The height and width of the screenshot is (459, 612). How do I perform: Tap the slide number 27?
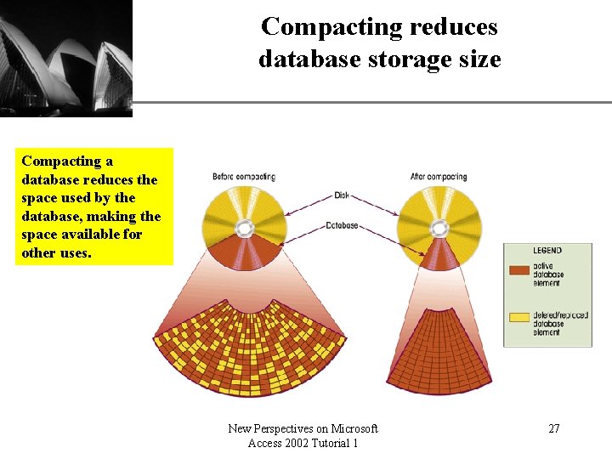tap(553, 428)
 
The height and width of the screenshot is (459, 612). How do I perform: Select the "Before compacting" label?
tap(243, 177)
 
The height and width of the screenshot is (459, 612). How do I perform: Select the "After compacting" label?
tap(439, 177)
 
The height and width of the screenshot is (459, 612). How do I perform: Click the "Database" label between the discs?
tap(341, 226)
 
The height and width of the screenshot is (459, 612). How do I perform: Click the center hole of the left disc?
tap(244, 228)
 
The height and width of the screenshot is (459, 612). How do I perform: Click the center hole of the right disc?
tap(439, 228)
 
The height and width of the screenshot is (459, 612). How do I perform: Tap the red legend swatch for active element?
tap(518, 270)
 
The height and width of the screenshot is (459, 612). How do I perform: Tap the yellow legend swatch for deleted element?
tap(518, 318)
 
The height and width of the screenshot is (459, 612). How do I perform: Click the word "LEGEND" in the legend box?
tap(547, 252)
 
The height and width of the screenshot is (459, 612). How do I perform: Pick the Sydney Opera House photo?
tap(65, 58)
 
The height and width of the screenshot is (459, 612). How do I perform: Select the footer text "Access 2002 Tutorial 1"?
tap(303, 444)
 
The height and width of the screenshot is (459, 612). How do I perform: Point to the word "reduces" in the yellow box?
tap(111, 179)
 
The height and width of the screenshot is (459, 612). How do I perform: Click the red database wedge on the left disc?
tap(245, 253)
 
